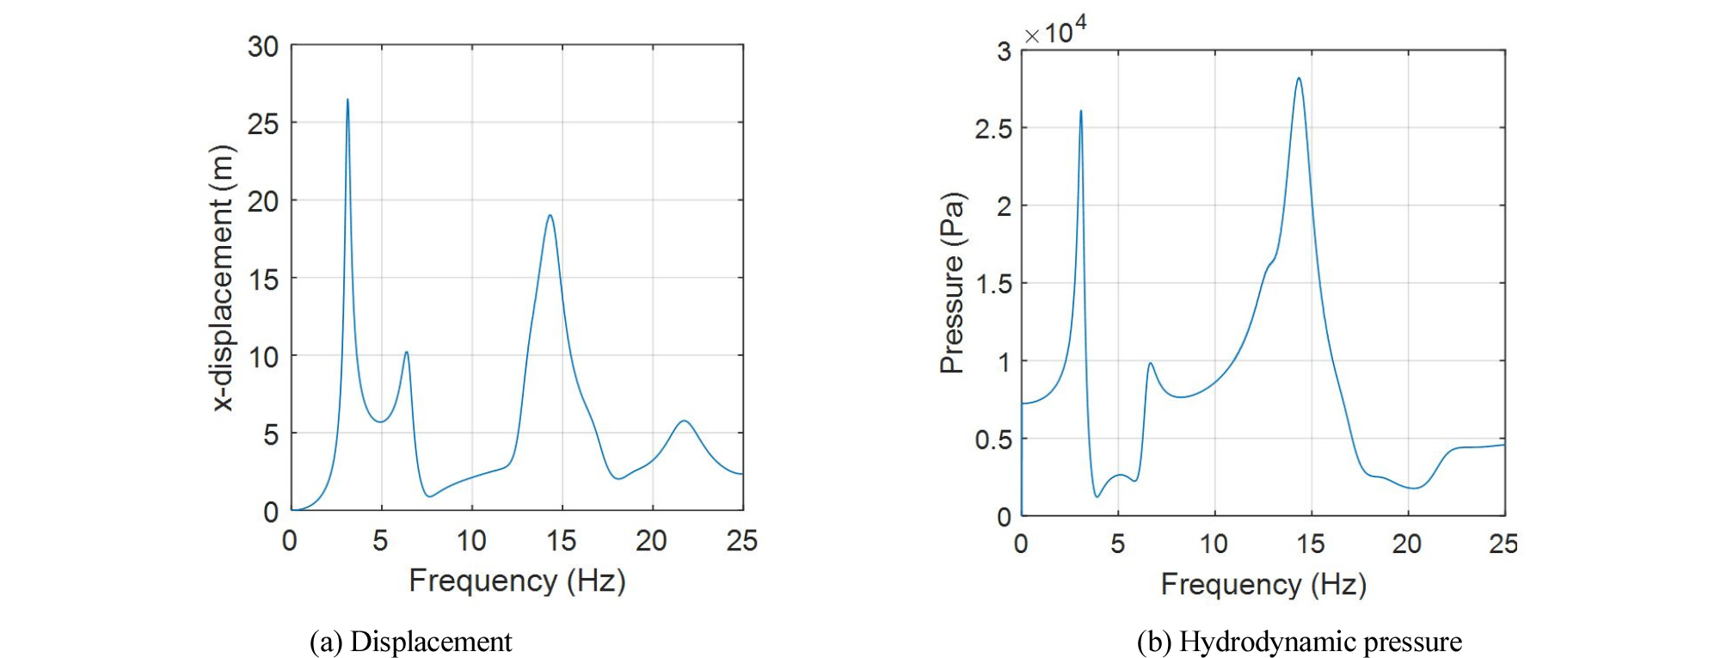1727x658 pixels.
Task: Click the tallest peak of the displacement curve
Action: pyautogui.click(x=347, y=100)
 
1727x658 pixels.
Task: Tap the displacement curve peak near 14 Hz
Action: pyautogui.click(x=550, y=215)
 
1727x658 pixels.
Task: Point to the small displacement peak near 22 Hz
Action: pyautogui.click(x=684, y=421)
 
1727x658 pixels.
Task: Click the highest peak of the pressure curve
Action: pyautogui.click(x=1299, y=78)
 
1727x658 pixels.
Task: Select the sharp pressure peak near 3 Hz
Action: pyautogui.click(x=1081, y=111)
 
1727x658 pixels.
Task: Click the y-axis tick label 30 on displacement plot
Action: pyautogui.click(x=263, y=46)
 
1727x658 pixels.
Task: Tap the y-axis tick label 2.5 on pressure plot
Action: pyautogui.click(x=993, y=129)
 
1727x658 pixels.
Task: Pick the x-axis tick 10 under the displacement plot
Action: pyautogui.click(x=471, y=541)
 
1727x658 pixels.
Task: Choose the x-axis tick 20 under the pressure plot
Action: pyautogui.click(x=1407, y=544)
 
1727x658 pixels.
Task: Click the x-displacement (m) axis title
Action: pyautogui.click(x=223, y=278)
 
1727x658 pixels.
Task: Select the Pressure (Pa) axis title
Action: pyautogui.click(x=952, y=283)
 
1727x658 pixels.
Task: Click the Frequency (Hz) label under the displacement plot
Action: pyautogui.click(x=517, y=581)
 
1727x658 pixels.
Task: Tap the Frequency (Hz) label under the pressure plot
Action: pyautogui.click(x=1263, y=585)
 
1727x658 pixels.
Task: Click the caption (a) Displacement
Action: pyautogui.click(x=410, y=642)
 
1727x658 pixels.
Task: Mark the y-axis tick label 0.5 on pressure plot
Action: pyautogui.click(x=993, y=440)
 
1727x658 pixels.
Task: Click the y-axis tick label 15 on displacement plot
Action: pyautogui.click(x=263, y=279)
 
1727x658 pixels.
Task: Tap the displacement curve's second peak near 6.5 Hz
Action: pyautogui.click(x=406, y=352)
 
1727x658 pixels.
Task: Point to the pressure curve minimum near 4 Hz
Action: pyautogui.click(x=1097, y=496)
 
